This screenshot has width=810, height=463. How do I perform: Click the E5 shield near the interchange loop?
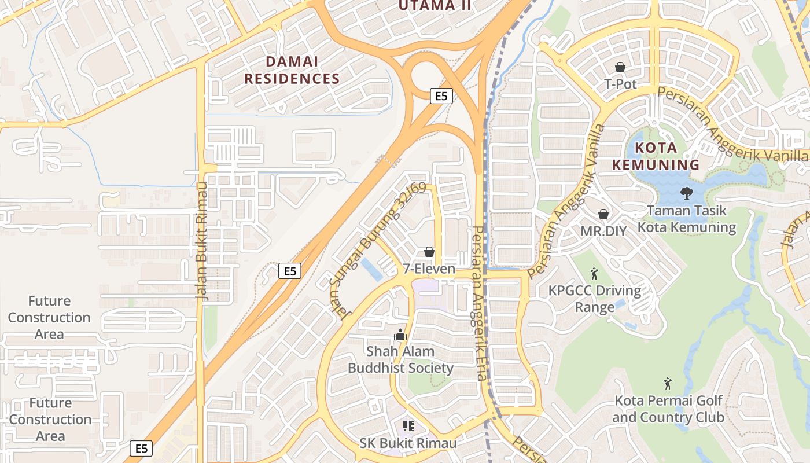(441, 96)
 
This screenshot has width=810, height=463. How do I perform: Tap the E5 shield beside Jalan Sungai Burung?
(290, 270)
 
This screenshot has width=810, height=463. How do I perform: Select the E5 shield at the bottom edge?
(141, 448)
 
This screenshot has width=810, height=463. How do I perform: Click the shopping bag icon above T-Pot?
(620, 68)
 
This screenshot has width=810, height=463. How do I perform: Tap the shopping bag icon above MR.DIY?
(603, 214)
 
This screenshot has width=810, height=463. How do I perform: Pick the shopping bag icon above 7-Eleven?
(429, 252)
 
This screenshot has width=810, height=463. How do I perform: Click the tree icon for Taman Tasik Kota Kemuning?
(687, 193)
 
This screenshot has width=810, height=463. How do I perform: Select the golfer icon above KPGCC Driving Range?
(594, 273)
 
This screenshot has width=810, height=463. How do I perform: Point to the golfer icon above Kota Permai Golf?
(668, 383)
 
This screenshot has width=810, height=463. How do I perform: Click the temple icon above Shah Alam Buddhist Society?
(400, 334)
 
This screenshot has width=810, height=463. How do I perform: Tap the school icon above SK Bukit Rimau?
(408, 427)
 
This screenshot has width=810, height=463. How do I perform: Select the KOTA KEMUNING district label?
(656, 156)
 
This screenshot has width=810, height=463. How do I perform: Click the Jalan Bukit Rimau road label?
(201, 241)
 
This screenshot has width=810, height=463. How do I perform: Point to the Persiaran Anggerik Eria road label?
(480, 303)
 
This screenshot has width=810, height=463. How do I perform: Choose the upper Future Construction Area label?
(49, 317)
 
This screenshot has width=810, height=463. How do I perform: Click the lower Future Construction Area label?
(50, 419)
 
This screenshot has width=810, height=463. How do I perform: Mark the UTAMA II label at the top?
(435, 6)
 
